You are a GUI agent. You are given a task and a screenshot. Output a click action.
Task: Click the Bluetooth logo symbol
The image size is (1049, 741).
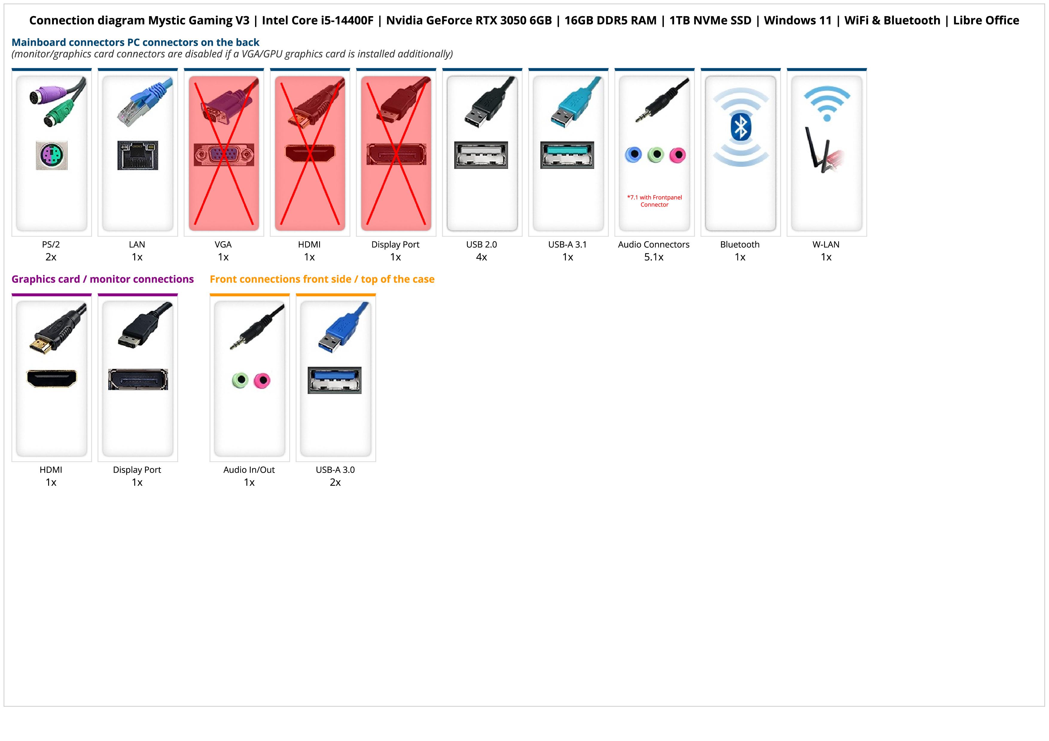[x=741, y=127]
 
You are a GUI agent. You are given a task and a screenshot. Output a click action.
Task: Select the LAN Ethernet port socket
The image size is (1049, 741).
[x=138, y=155]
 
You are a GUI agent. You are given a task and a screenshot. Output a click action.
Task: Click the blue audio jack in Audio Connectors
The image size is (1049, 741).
[x=633, y=155]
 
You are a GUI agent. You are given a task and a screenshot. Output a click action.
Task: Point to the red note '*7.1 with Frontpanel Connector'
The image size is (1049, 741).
[x=654, y=201]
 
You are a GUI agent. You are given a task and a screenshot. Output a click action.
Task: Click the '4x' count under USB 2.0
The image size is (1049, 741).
[x=481, y=257]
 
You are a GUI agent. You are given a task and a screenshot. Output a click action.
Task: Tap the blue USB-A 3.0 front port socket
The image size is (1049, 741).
[x=334, y=380]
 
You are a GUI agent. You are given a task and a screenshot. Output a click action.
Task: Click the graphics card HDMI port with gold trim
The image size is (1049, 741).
[x=52, y=378]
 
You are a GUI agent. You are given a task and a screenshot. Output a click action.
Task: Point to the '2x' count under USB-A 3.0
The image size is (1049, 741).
[x=335, y=482]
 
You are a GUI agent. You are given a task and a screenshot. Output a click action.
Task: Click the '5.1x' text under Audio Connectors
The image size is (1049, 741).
[x=654, y=257]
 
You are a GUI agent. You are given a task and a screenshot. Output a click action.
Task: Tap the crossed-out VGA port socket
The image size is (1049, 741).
[x=223, y=155]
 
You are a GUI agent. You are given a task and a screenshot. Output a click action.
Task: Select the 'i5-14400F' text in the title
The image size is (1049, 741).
[x=345, y=21]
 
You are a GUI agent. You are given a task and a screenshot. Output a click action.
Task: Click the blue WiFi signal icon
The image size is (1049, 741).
[x=827, y=103]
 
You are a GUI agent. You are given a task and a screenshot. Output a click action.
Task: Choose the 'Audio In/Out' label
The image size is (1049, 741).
[x=249, y=470]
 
